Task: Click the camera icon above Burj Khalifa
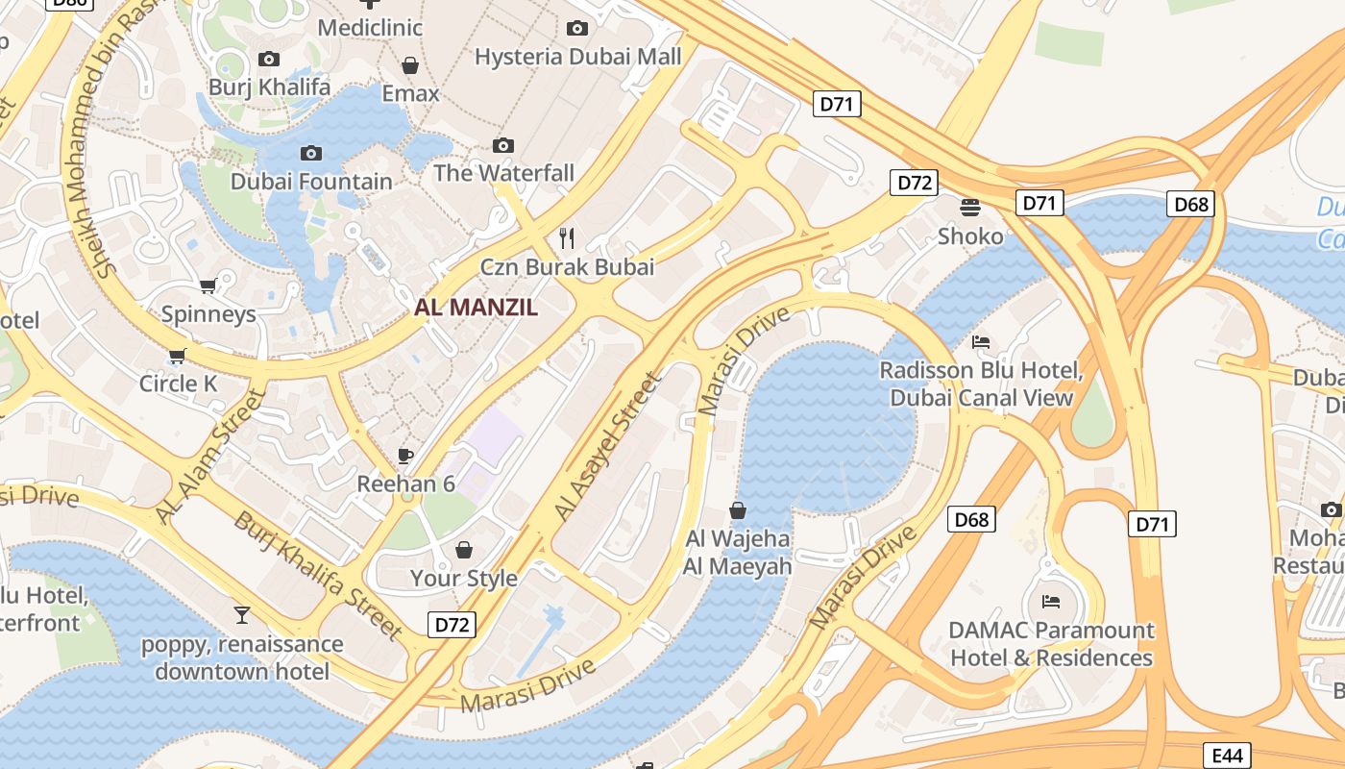[x=269, y=60]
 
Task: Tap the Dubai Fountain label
[x=311, y=181]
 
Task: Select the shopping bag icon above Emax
[x=410, y=65]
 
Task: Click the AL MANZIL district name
[x=476, y=308]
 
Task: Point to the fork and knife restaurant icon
[x=567, y=237]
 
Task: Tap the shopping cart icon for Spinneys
[x=208, y=285]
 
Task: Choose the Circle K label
[x=179, y=384]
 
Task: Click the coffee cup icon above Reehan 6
[x=405, y=455]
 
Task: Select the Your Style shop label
[x=464, y=578]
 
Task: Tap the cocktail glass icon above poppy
[x=242, y=614]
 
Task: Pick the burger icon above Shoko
[x=970, y=207]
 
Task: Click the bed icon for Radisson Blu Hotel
[x=981, y=341]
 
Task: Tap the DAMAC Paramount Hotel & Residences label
[x=1051, y=644]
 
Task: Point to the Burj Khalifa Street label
[x=318, y=575]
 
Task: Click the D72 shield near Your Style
[x=452, y=625]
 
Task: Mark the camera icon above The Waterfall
[x=503, y=145]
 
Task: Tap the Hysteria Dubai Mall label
[x=578, y=56]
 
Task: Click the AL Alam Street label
[x=210, y=457]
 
